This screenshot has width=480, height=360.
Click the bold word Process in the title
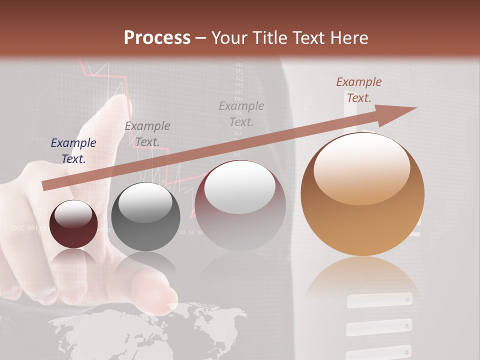(157, 38)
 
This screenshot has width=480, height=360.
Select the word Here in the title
(350, 38)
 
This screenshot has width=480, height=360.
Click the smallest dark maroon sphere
(73, 224)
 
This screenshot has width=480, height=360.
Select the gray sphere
(145, 217)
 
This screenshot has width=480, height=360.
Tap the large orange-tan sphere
(362, 194)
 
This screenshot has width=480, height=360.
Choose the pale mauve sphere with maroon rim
(240, 205)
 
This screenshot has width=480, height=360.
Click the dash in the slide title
(201, 38)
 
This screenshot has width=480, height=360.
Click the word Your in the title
(228, 38)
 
